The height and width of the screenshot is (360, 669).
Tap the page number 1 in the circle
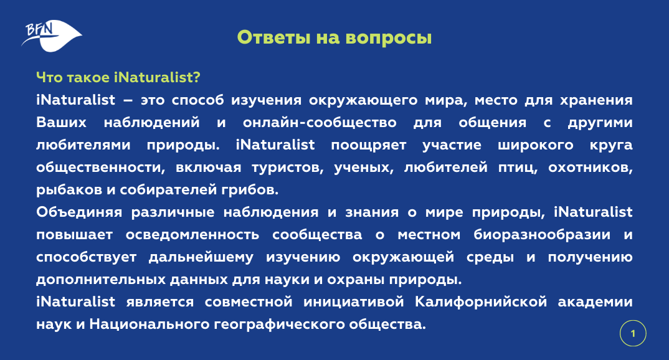(x=633, y=334)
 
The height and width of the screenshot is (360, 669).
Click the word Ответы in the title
(x=273, y=37)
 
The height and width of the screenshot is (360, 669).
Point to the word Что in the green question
(x=49, y=78)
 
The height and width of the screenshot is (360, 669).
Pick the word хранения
(x=596, y=100)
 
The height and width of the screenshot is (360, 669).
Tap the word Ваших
(x=62, y=123)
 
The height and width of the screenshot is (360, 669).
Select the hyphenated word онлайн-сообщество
(x=320, y=123)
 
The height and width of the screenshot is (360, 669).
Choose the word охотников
(x=590, y=168)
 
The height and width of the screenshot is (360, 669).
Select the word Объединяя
(x=79, y=212)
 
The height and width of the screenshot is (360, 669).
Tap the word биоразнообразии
(x=542, y=235)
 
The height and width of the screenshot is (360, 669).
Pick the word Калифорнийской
(x=481, y=302)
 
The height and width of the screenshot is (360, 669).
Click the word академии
(x=595, y=303)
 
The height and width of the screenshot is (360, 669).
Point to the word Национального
(x=148, y=324)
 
